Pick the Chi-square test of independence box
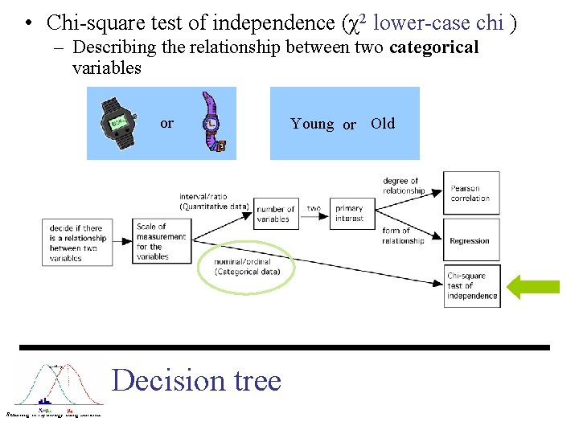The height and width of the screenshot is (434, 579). pyautogui.click(x=472, y=286)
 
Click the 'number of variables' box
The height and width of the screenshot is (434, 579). pyautogui.click(x=276, y=214)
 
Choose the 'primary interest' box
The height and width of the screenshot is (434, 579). pyautogui.click(x=350, y=214)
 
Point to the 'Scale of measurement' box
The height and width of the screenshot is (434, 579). pyautogui.click(x=163, y=241)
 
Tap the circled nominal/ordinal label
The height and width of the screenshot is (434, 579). pyautogui.click(x=247, y=267)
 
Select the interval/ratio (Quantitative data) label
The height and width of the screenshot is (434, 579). pyautogui.click(x=215, y=201)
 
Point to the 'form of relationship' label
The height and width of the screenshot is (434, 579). pyautogui.click(x=403, y=236)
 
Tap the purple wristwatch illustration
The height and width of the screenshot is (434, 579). pyautogui.click(x=211, y=122)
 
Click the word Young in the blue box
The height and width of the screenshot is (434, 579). pyautogui.click(x=312, y=124)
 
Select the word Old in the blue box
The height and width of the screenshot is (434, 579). pyautogui.click(x=383, y=124)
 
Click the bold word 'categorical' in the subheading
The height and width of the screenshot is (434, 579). pyautogui.click(x=433, y=47)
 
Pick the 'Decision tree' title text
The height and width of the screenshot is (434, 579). pyautogui.click(x=197, y=379)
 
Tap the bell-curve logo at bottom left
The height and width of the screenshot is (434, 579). pyautogui.click(x=57, y=387)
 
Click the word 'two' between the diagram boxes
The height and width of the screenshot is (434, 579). pyautogui.click(x=314, y=209)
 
